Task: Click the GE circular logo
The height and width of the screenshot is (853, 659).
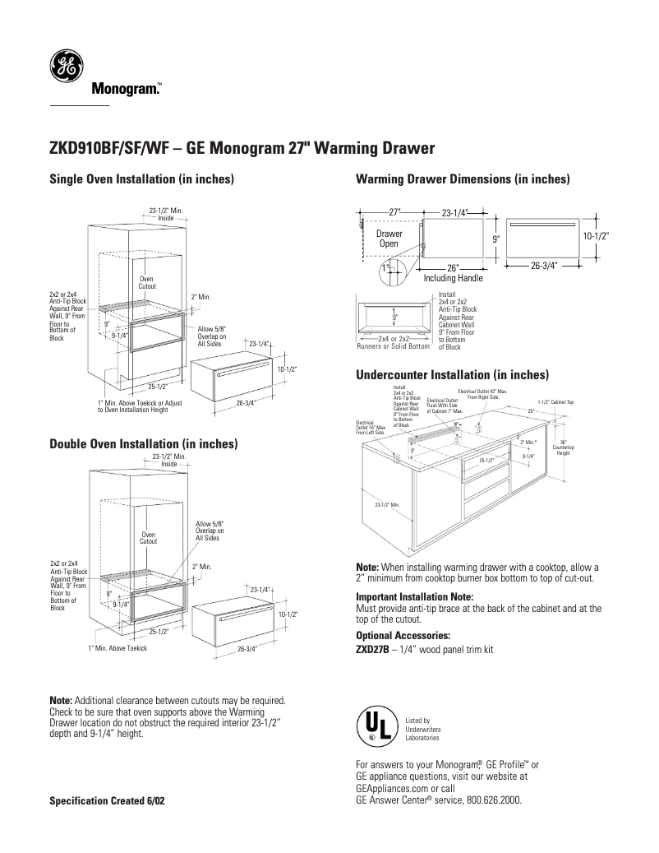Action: [x=66, y=67]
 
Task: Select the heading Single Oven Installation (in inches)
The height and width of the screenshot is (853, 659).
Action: [x=143, y=179]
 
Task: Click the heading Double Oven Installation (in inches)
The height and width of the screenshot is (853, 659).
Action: [x=145, y=444]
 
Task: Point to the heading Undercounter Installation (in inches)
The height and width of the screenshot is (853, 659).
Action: [x=452, y=375]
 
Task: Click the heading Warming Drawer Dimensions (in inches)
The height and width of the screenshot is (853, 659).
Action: [x=463, y=179]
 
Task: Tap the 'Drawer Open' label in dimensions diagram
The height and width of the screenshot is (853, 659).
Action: [x=389, y=239]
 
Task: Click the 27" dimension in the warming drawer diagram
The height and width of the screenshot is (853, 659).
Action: [x=394, y=212]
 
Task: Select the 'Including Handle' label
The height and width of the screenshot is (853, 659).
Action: [x=453, y=279]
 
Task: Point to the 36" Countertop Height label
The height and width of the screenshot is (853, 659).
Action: [x=563, y=447]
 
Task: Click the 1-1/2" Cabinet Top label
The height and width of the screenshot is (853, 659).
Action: [x=555, y=401]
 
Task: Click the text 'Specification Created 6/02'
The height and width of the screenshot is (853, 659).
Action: [x=108, y=800]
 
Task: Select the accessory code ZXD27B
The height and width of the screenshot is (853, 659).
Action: [x=371, y=649]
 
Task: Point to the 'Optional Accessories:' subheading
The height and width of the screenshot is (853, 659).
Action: [x=403, y=636]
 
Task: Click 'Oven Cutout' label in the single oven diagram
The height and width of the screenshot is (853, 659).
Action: [x=146, y=282]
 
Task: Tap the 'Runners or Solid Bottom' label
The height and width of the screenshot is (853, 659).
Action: [x=393, y=346]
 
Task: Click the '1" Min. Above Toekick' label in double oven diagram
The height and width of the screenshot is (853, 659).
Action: [x=118, y=649]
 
